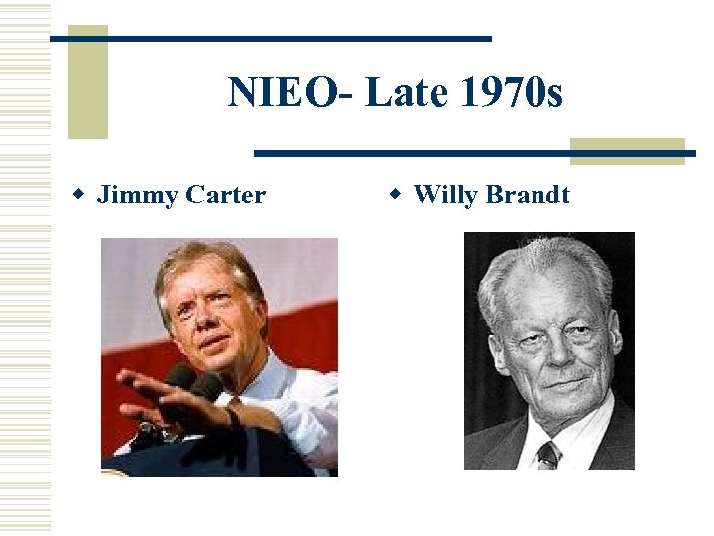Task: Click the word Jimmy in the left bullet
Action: coord(135,195)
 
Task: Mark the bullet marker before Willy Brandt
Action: coord(394,193)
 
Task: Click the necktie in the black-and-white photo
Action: coord(548,454)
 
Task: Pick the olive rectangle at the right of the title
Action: coord(627,150)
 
